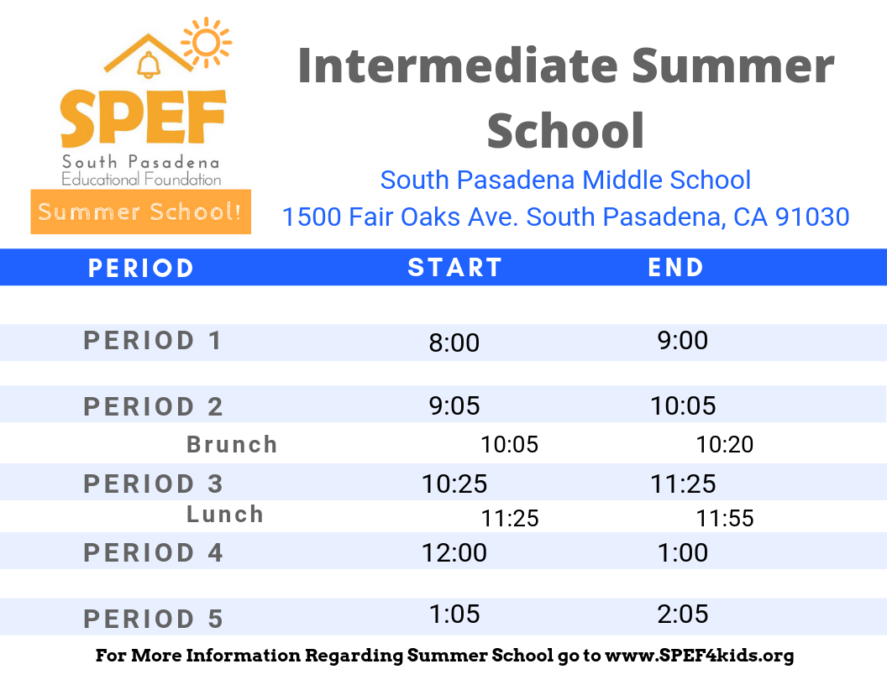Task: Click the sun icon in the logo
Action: [x=205, y=42]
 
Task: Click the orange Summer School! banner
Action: [x=140, y=212]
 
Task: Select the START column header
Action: [x=454, y=268]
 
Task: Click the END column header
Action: [x=676, y=268]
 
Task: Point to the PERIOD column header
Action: [x=141, y=268]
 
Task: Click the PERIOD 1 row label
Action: [x=153, y=341]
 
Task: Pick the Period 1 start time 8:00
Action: [x=454, y=342]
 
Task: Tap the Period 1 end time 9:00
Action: [x=682, y=340]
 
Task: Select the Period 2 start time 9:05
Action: [x=454, y=406]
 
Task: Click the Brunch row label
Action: [x=232, y=444]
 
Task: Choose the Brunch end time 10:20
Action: [x=724, y=445]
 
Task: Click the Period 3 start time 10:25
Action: [x=454, y=484]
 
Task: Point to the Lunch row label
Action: [x=225, y=514]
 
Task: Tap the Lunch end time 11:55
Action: [x=724, y=519]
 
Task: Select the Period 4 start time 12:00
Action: [x=454, y=552]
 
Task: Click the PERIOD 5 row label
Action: [x=153, y=620]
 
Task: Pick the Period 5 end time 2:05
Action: [x=682, y=614]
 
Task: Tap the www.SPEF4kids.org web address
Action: [x=699, y=656]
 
